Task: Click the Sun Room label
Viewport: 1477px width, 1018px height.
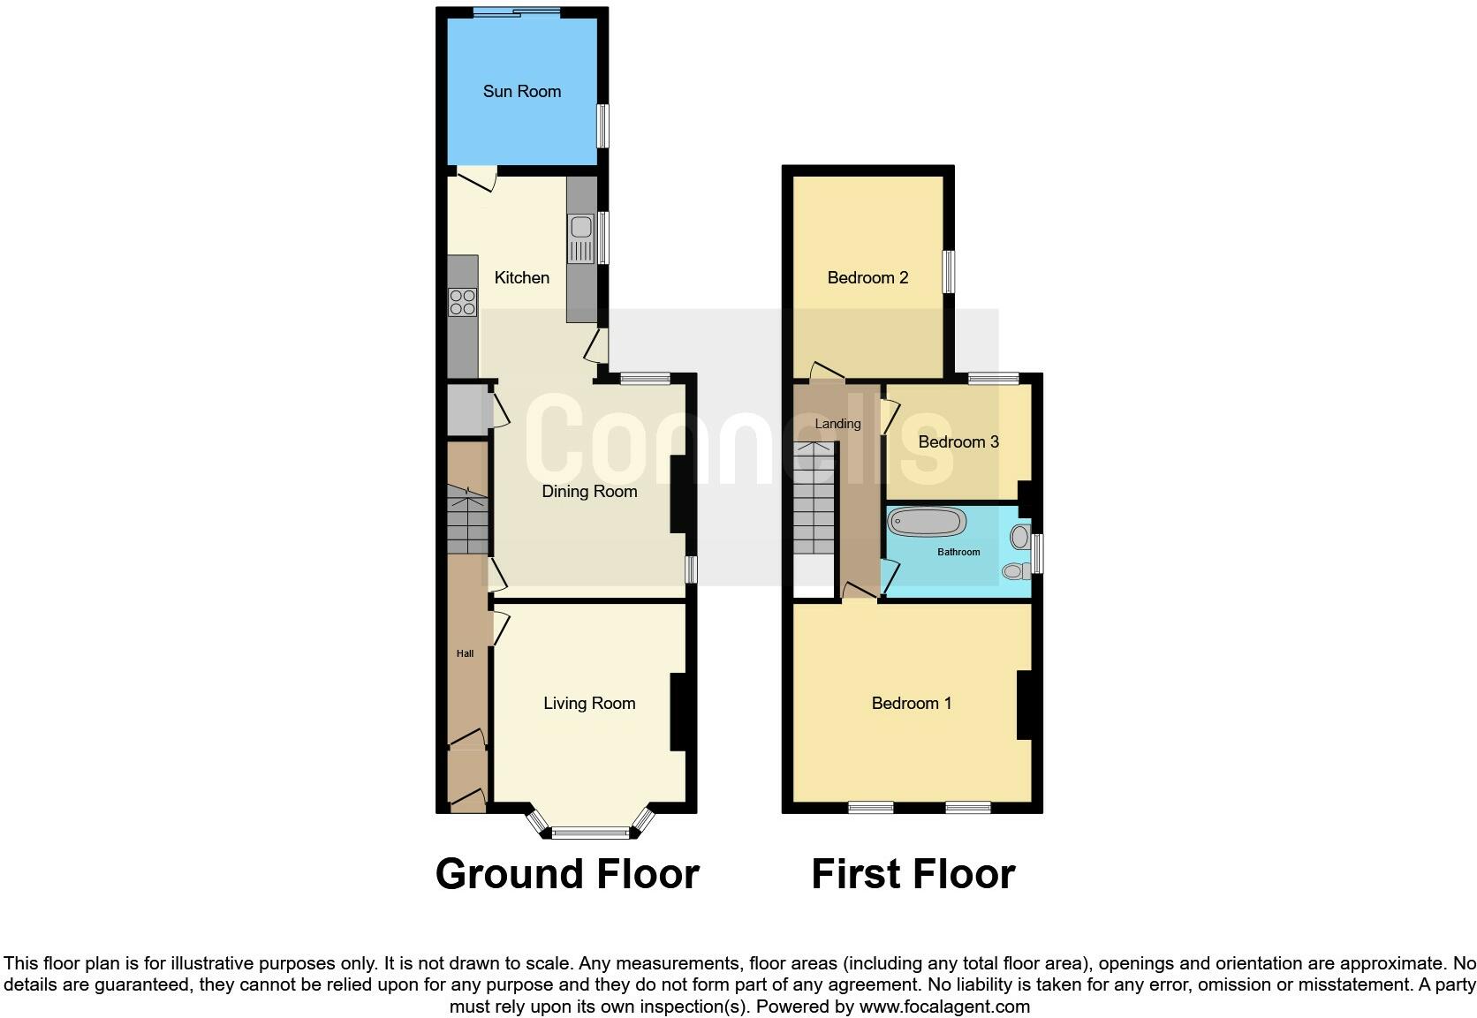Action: pos(521,91)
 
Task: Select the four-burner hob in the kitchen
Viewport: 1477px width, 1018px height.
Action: pos(462,302)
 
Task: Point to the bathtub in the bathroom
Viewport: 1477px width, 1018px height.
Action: pos(926,522)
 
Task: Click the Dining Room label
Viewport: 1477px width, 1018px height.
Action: pos(589,492)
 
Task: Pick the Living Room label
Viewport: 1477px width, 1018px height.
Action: pos(589,704)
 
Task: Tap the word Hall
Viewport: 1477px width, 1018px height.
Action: pos(465,654)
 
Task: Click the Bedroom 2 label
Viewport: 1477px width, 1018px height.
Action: pos(867,278)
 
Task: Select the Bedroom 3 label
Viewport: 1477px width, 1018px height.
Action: pos(958,441)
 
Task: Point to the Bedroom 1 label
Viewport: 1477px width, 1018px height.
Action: pos(911,704)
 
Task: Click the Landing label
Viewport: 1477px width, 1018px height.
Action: pos(837,424)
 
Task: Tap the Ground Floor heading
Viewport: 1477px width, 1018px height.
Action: pos(567,874)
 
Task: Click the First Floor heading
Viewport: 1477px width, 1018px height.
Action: pos(913,874)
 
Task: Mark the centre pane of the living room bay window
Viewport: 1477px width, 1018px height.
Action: pos(592,832)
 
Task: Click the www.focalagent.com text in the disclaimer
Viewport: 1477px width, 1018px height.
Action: pos(944,1007)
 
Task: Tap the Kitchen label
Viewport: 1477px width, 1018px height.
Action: pos(521,278)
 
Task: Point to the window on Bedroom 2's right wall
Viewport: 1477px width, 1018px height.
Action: pos(948,272)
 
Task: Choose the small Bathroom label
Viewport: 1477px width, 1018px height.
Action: pos(958,552)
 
